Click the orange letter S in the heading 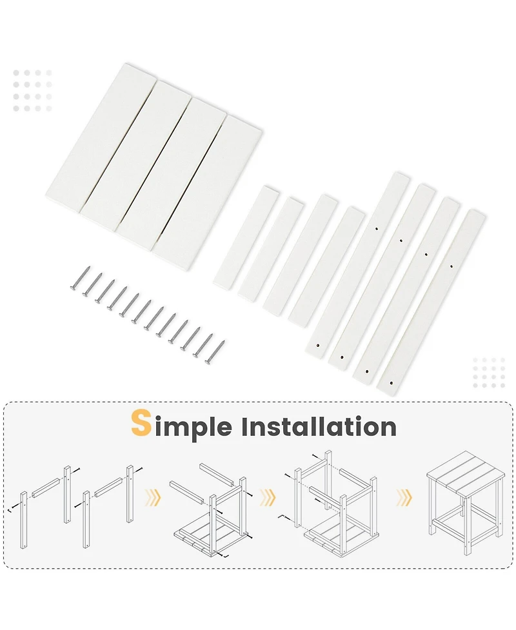pyautogui.click(x=141, y=423)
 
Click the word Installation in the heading pyautogui.click(x=319, y=426)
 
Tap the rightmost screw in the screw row pyautogui.click(x=215, y=352)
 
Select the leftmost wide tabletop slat pyautogui.click(x=101, y=137)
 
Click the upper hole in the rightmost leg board pyautogui.click(x=451, y=266)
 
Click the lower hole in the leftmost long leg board pyautogui.click(x=318, y=345)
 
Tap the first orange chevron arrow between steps pyautogui.click(x=153, y=497)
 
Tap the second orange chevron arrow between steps pyautogui.click(x=268, y=497)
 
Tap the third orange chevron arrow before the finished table pyautogui.click(x=404, y=497)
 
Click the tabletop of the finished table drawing pyautogui.click(x=465, y=473)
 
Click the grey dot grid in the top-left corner pyautogui.click(x=32, y=91)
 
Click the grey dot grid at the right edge pyautogui.click(x=489, y=373)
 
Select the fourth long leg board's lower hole pyautogui.click(x=391, y=384)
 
